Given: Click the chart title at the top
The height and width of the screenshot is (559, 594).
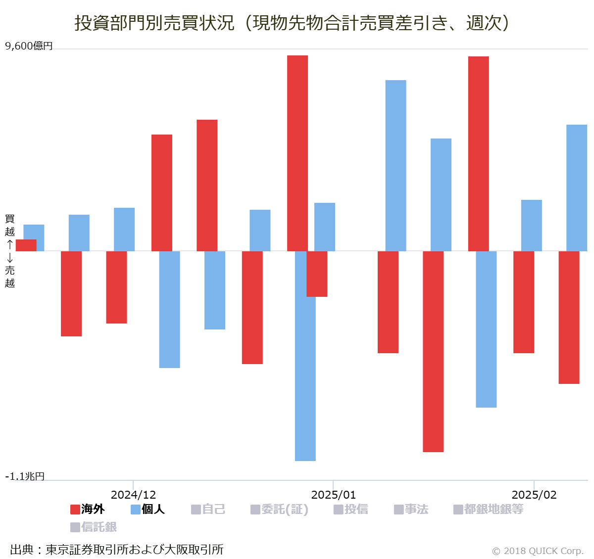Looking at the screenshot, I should [x=292, y=23].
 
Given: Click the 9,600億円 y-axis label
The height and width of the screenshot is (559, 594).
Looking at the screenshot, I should [x=29, y=46].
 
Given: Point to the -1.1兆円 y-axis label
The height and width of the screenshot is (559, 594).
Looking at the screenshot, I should [x=25, y=476].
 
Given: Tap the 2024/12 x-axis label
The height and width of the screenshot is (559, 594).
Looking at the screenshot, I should [x=133, y=495].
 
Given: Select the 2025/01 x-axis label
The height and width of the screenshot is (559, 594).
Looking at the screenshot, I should [x=333, y=495].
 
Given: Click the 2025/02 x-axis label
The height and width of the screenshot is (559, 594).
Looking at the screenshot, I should [x=534, y=495].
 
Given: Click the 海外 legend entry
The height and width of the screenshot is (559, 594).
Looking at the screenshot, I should [x=88, y=509].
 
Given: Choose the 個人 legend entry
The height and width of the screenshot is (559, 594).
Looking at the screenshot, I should [x=148, y=509].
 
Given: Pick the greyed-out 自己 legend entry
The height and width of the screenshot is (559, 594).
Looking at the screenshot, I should [x=208, y=509].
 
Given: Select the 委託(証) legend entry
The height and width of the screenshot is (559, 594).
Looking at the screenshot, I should [x=280, y=509].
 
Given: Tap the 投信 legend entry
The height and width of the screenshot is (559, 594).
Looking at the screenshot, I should [x=351, y=509].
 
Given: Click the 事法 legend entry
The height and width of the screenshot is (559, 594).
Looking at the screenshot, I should [x=411, y=509].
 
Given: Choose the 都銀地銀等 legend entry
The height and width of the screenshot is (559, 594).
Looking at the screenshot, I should [x=489, y=509].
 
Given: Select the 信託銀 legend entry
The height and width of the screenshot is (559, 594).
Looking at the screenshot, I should [x=94, y=527].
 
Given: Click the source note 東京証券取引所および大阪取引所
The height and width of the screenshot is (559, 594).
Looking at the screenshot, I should [x=117, y=550].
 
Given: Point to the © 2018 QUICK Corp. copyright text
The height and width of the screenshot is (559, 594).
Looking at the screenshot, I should [x=538, y=551].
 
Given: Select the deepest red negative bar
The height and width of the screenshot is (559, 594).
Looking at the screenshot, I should [x=433, y=351].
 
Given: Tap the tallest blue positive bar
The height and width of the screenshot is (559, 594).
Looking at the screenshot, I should [x=396, y=165].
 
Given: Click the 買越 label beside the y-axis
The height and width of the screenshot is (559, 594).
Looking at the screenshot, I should [x=10, y=225].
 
